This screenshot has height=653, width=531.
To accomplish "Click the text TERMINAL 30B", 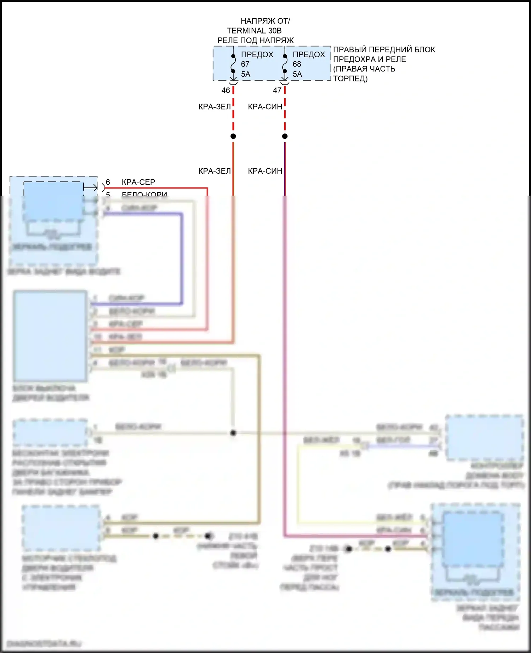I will [x=254, y=31].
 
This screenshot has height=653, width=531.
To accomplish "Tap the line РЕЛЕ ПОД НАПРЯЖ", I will [x=255, y=40].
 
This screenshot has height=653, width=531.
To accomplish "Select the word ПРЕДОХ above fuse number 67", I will [x=257, y=54].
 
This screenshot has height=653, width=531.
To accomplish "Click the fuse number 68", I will [x=297, y=64].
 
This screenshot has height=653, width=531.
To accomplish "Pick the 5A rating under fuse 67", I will [x=246, y=74].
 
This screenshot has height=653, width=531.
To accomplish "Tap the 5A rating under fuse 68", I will [x=297, y=74].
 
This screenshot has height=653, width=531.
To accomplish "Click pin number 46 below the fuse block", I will [x=225, y=91].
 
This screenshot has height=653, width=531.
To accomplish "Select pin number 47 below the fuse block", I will [x=277, y=91].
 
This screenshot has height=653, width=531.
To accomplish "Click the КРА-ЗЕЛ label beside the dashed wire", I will [x=215, y=107].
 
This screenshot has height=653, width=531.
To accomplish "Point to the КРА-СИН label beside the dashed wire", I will [x=265, y=107].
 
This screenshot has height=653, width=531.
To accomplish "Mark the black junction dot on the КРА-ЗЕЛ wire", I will [x=233, y=136].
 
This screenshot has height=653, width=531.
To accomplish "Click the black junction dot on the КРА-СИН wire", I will [x=285, y=136].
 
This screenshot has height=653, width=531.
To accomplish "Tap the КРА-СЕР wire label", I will [x=138, y=182].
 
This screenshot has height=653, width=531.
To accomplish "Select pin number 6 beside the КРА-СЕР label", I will [x=108, y=182].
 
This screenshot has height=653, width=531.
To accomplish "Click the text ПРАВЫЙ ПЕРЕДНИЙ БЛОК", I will [x=384, y=50].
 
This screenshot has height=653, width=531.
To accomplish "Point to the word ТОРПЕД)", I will [x=350, y=79].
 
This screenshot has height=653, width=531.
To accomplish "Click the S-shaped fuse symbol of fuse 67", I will [x=233, y=64].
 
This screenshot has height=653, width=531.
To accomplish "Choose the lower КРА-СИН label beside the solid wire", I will [x=265, y=171].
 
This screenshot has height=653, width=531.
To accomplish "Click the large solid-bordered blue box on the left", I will [x=50, y=336].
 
